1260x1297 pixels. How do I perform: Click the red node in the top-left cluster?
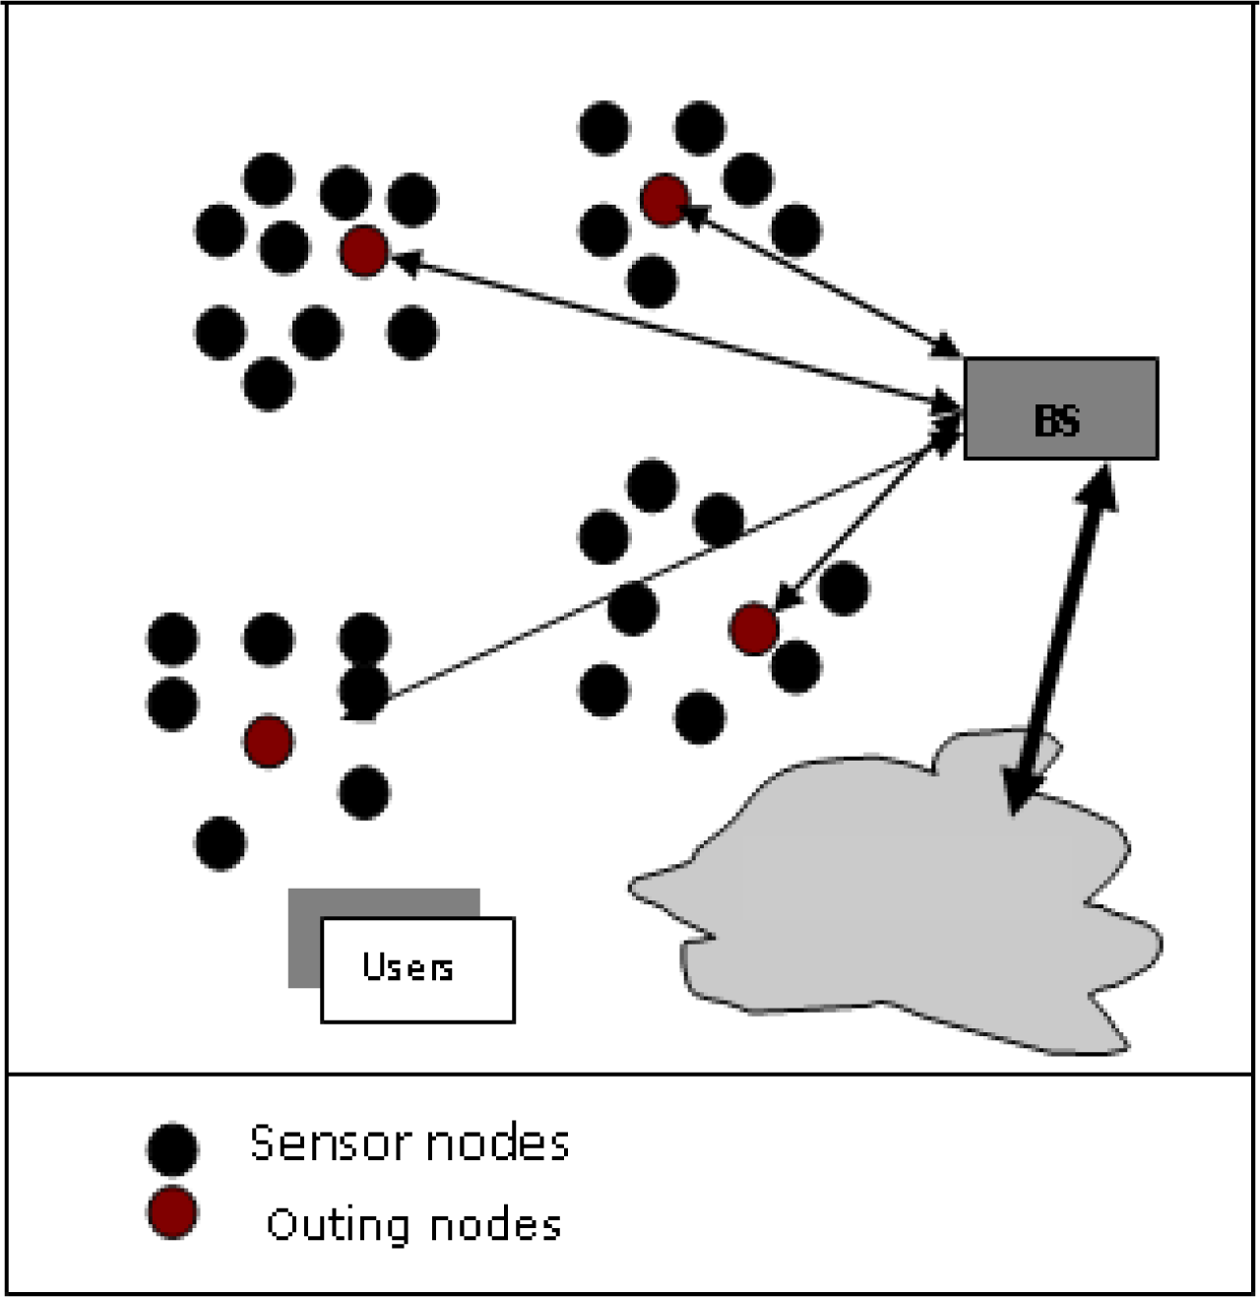[364, 251]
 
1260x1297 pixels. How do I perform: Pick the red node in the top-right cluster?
[664, 201]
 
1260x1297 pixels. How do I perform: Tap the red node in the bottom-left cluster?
[269, 741]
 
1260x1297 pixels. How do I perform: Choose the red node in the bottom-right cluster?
[755, 629]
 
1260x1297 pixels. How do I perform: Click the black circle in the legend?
[172, 1148]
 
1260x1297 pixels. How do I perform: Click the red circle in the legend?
[172, 1212]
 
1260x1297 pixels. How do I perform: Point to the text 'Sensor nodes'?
[409, 1143]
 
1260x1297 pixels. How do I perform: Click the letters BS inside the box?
[1057, 421]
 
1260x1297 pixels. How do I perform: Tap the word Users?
[408, 967]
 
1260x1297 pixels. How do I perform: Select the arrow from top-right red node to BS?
[817, 277]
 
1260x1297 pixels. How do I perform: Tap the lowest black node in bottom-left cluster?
[220, 843]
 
